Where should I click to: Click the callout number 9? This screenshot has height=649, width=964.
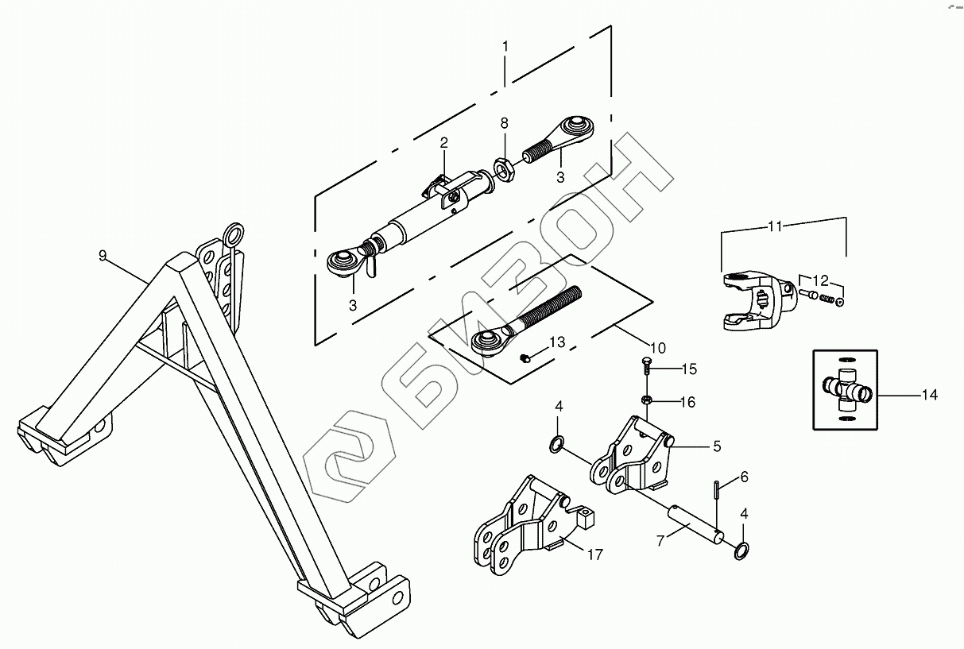pyautogui.click(x=103, y=255)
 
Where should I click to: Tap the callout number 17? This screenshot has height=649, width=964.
pyautogui.click(x=594, y=554)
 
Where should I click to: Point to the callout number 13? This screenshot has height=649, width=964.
pyautogui.click(x=556, y=342)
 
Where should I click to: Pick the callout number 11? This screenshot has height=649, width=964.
pyautogui.click(x=775, y=226)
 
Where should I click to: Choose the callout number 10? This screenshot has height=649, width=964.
pyautogui.click(x=657, y=347)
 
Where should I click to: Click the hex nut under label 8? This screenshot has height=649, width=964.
pyautogui.click(x=502, y=168)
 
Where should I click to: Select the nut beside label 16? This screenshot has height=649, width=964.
pyautogui.click(x=647, y=400)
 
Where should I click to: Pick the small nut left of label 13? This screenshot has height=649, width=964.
pyautogui.click(x=525, y=358)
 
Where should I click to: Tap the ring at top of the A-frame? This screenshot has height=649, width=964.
pyautogui.click(x=234, y=234)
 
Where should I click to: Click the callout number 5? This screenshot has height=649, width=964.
pyautogui.click(x=716, y=446)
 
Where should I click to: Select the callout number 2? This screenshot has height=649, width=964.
pyautogui.click(x=444, y=143)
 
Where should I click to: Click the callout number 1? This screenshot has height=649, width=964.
pyautogui.click(x=505, y=47)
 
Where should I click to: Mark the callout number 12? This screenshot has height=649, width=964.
pyautogui.click(x=820, y=280)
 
